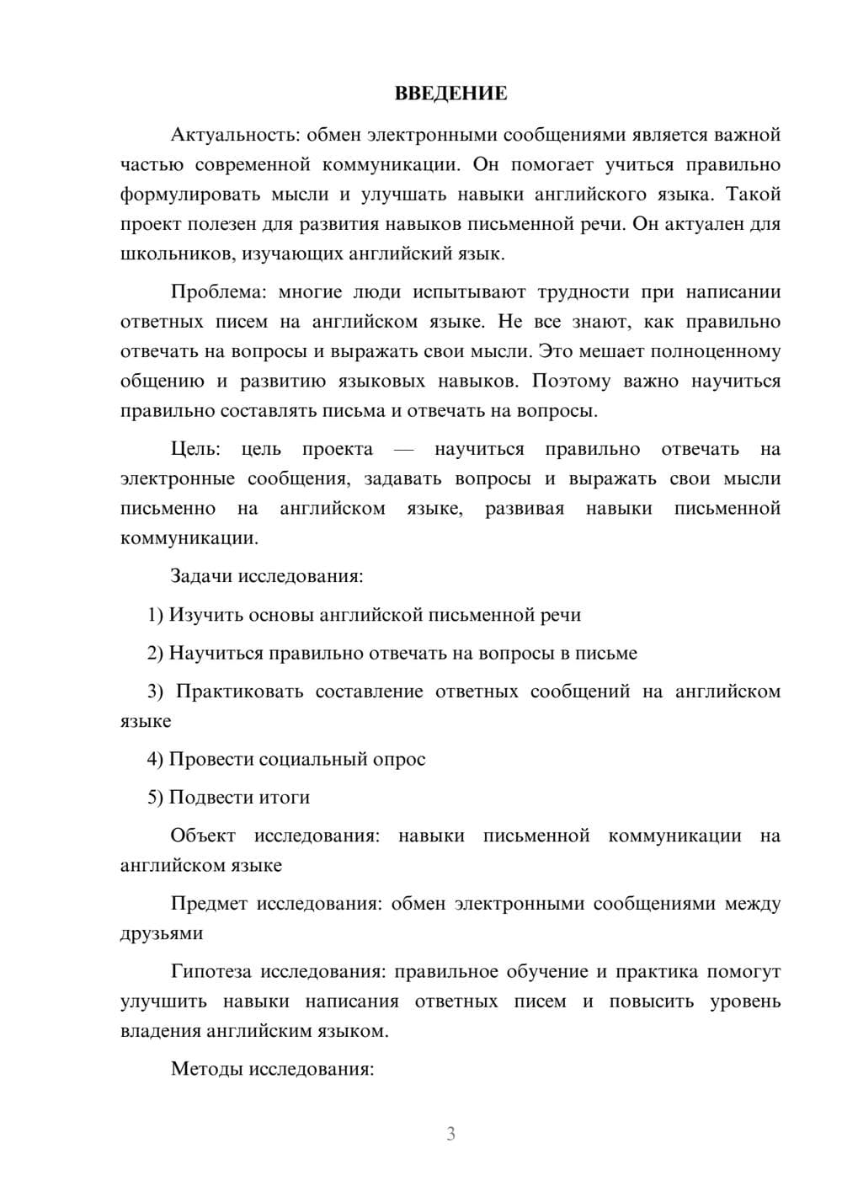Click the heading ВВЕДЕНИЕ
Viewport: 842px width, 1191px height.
pos(450,93)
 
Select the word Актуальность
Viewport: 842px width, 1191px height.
pos(233,135)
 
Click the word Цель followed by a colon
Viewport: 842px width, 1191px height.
pos(195,450)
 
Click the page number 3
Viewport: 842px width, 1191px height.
pos(451,1134)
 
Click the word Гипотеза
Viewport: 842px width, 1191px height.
pos(210,972)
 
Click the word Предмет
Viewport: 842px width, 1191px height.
pos(209,904)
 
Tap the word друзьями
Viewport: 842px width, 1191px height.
pos(162,933)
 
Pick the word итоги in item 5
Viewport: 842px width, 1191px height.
pos(285,798)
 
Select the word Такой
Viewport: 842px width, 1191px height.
pos(754,195)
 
